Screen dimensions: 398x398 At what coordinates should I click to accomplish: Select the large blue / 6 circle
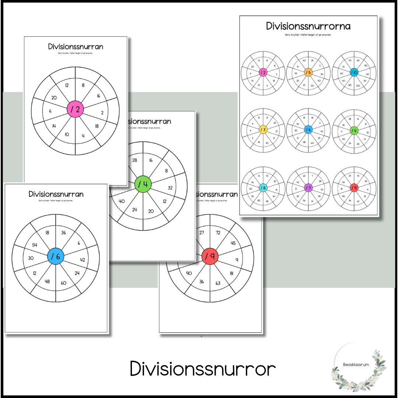point(56,256)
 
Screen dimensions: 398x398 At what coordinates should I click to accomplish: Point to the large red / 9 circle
point(210,256)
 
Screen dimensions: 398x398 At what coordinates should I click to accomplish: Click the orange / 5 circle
point(308,73)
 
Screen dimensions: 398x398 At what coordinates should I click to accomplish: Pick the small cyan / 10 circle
point(354,73)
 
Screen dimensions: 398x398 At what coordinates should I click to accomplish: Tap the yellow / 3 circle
point(263,130)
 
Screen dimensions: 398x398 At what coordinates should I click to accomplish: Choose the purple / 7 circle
point(308,188)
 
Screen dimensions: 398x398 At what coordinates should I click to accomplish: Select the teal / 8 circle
point(263,188)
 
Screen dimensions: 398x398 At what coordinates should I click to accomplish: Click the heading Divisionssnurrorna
point(308,26)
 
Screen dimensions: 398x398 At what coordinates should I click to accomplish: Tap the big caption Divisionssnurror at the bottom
point(203,369)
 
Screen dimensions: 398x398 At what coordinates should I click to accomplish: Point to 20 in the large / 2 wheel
point(54,98)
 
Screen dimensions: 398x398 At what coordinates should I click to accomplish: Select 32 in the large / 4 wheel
point(170,188)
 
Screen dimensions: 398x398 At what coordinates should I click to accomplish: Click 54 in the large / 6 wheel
point(35,245)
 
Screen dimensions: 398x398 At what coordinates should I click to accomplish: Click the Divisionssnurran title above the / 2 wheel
point(76,47)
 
